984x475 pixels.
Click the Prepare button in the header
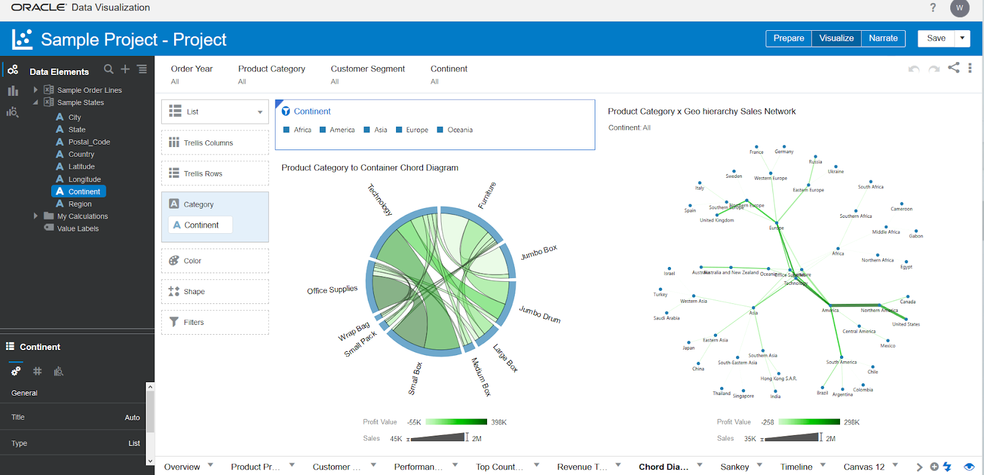click(788, 38)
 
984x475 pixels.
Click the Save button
click(935, 38)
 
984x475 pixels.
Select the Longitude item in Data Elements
click(84, 179)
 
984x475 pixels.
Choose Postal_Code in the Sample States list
click(89, 142)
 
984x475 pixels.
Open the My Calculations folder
click(82, 217)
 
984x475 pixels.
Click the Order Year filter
click(191, 69)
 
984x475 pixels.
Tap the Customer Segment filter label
click(367, 69)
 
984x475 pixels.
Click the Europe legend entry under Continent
click(416, 130)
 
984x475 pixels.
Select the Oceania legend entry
click(459, 130)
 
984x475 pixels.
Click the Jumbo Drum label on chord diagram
click(539, 314)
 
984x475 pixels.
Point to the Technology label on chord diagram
click(379, 200)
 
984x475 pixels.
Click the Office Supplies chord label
click(332, 290)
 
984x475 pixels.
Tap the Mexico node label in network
click(887, 346)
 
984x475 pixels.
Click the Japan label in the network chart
click(688, 348)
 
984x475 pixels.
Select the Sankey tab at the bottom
click(734, 467)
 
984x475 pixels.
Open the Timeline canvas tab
click(796, 467)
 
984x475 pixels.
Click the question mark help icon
click(933, 7)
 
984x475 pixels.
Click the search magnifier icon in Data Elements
click(109, 69)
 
